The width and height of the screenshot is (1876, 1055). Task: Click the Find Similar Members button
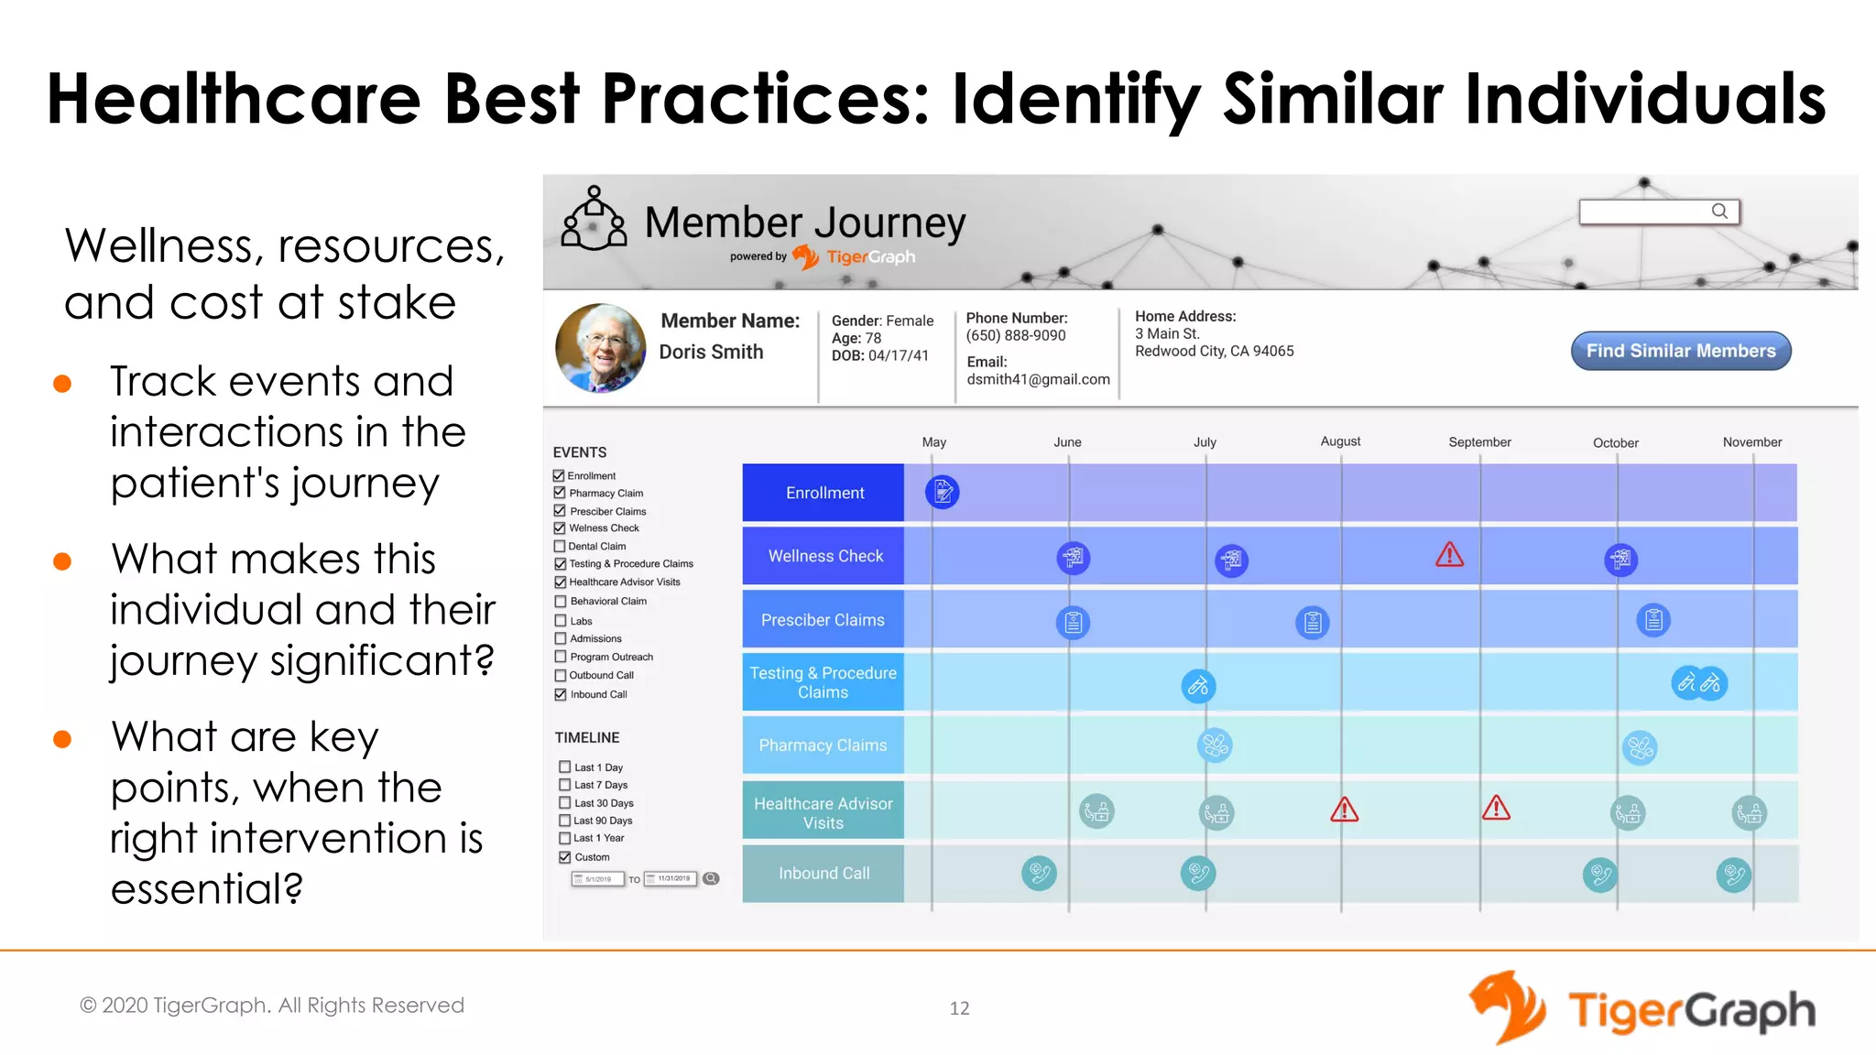click(x=1680, y=351)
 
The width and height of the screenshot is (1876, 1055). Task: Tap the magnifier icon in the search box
click(x=1719, y=212)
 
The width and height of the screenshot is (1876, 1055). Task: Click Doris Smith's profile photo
click(x=601, y=348)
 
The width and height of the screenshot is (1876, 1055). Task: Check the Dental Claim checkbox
click(x=560, y=546)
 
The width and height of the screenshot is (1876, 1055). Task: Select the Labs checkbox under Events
click(x=561, y=621)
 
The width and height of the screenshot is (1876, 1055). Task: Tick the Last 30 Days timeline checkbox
click(x=565, y=803)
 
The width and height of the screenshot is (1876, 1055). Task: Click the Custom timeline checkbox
click(x=565, y=857)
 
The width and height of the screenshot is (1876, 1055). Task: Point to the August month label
click(x=1340, y=441)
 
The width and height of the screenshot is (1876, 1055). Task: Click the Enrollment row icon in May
click(x=942, y=493)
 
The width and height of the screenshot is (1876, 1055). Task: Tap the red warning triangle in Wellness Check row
click(x=1449, y=555)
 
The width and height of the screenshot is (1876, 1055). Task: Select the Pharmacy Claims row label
click(x=823, y=745)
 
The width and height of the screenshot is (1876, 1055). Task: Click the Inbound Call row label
click(x=823, y=874)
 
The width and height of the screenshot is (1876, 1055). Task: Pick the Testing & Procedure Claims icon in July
click(x=1198, y=686)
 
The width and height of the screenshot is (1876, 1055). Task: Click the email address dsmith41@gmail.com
click(x=1038, y=379)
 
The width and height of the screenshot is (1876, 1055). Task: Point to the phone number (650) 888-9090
click(x=1016, y=335)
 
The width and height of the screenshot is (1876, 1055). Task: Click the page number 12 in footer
click(x=959, y=1008)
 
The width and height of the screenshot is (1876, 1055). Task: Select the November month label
click(x=1751, y=442)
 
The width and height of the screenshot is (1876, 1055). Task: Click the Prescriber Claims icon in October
click(x=1652, y=620)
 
